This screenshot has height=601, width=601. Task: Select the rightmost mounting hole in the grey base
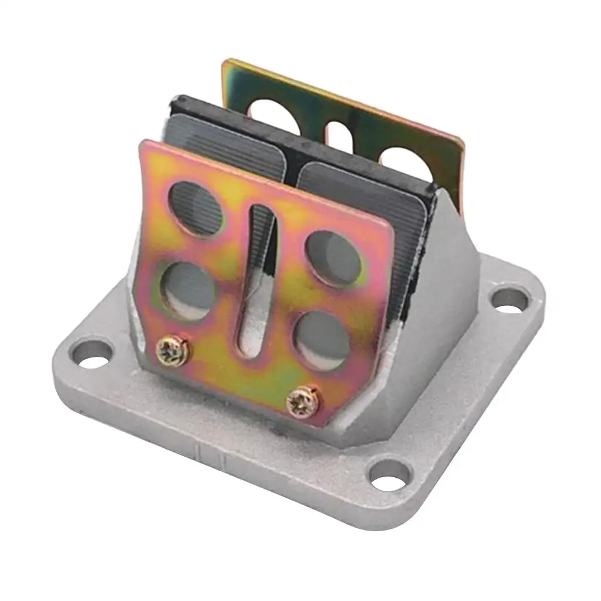click(510, 299)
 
